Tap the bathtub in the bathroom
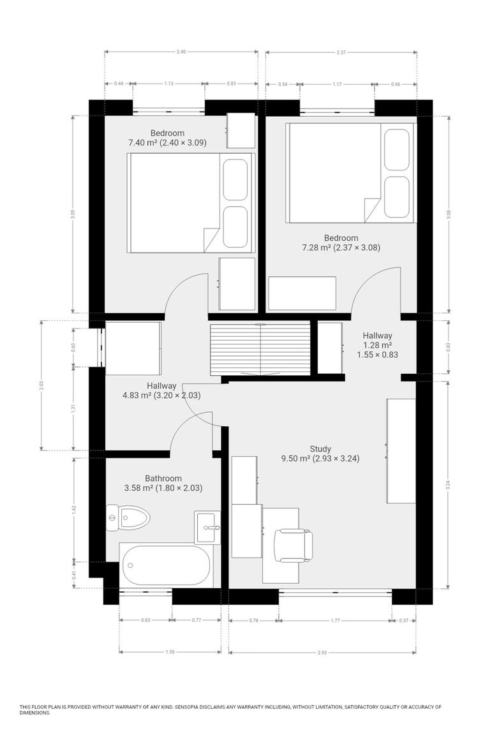tap(165, 565)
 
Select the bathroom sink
tap(207, 527)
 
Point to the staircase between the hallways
tap(260, 349)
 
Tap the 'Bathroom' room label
tap(163, 479)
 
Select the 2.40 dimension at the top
tap(181, 52)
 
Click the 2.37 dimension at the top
tap(341, 52)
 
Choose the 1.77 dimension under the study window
tap(335, 620)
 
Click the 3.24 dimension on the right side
tap(449, 485)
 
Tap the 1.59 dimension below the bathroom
tap(170, 652)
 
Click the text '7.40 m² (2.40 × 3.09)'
tap(167, 142)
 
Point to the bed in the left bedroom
tap(191, 203)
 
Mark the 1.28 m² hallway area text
tap(378, 345)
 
